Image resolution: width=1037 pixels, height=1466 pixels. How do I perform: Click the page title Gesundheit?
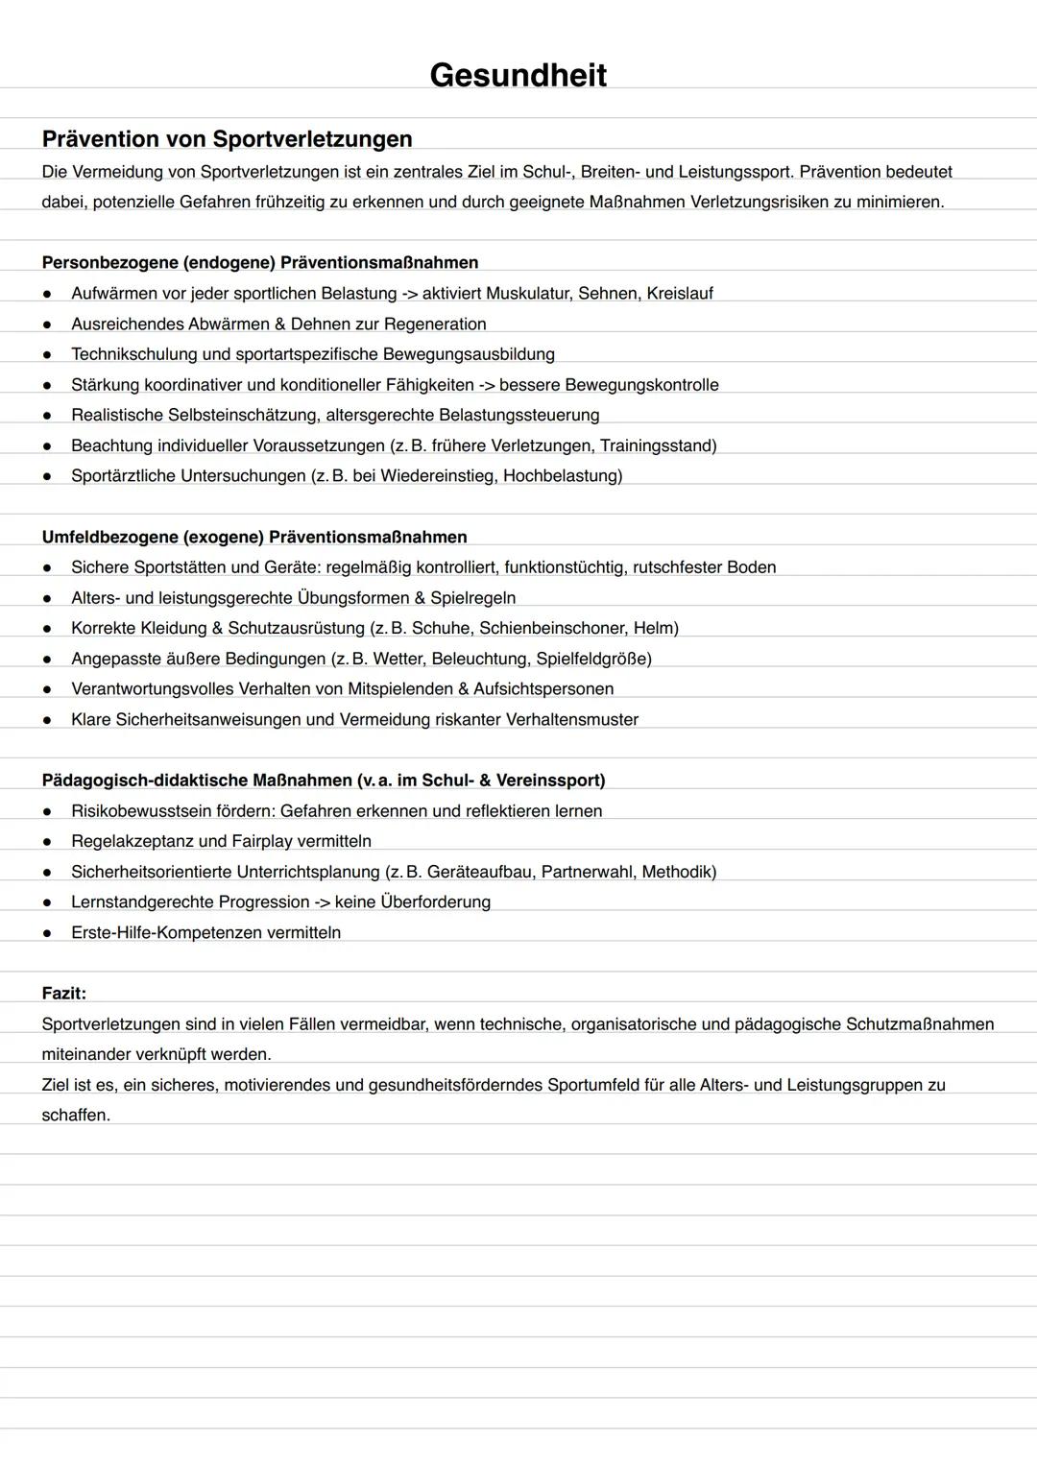point(518,75)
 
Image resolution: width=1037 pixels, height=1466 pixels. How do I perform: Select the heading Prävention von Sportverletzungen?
point(227,139)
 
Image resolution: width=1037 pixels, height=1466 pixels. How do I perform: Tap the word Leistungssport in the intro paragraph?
point(735,172)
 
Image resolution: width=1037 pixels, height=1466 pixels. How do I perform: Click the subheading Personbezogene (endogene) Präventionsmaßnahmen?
point(260,262)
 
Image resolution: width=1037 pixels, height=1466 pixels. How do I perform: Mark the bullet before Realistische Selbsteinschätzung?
point(46,416)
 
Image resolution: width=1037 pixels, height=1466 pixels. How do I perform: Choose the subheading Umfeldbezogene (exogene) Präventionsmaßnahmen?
point(254,537)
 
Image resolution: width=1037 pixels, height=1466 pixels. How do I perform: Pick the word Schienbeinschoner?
point(554,628)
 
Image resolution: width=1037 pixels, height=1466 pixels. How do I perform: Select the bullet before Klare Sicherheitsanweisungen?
point(46,720)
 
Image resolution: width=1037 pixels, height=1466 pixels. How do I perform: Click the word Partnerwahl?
point(586,872)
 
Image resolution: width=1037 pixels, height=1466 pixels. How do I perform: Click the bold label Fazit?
point(63,993)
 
